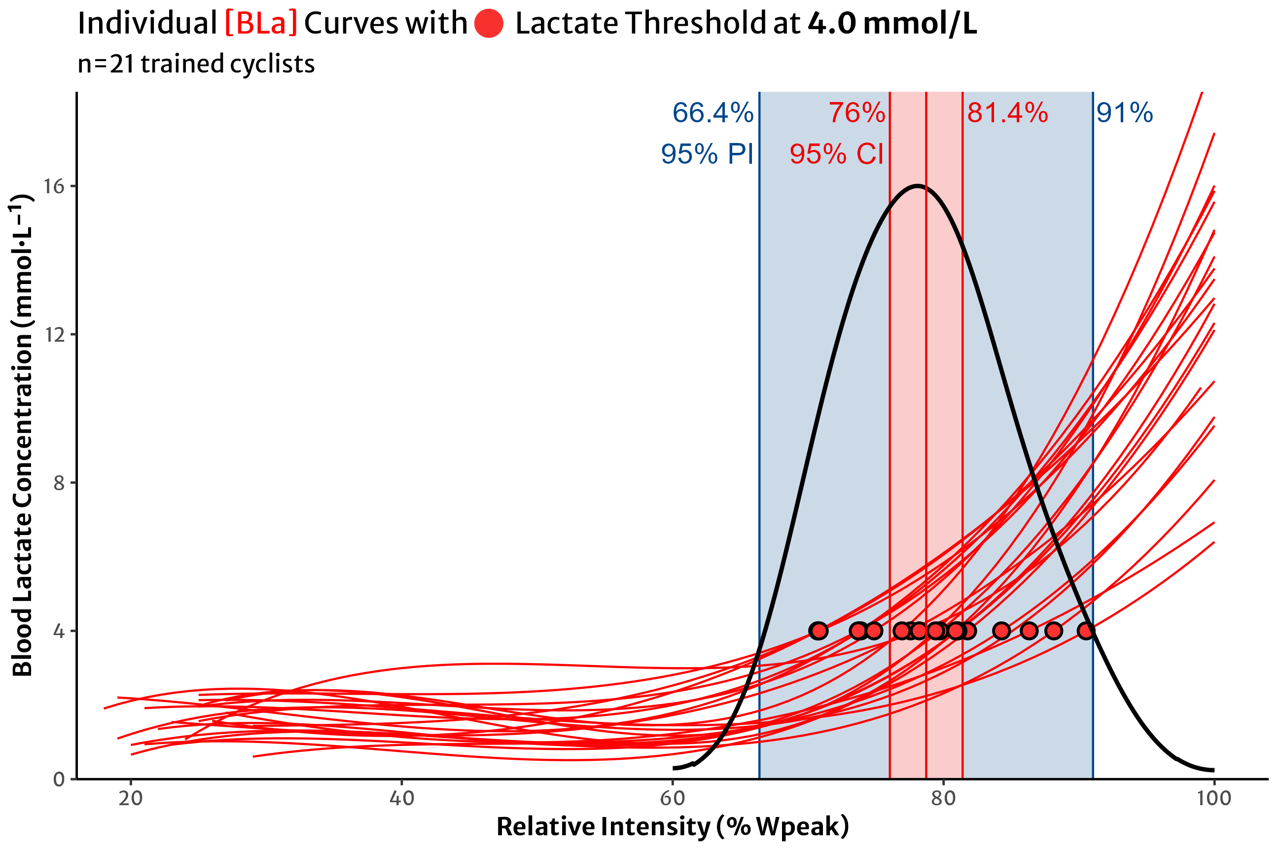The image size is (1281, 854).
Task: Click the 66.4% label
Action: click(x=712, y=113)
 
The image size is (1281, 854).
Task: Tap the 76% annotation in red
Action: click(x=857, y=113)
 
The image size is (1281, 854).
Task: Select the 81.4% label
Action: click(x=1007, y=113)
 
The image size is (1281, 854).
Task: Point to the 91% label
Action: click(x=1124, y=113)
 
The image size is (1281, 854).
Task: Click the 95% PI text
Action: click(x=707, y=154)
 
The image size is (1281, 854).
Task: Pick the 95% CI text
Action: click(x=836, y=154)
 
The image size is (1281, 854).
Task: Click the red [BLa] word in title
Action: click(x=261, y=24)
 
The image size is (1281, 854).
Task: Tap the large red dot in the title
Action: click(x=489, y=24)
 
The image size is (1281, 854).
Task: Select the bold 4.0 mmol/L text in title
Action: click(x=891, y=24)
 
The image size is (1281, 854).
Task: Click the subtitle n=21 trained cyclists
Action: click(x=196, y=64)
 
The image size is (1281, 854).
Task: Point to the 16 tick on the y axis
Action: click(x=53, y=186)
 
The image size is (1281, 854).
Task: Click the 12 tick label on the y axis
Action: click(x=53, y=334)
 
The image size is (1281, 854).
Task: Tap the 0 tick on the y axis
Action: click(x=59, y=780)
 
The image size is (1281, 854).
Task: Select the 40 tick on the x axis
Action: click(x=401, y=799)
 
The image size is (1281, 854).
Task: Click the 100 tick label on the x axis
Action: click(x=1213, y=799)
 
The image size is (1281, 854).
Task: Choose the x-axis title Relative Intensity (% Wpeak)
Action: click(x=672, y=827)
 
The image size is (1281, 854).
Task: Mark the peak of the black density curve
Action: click(x=918, y=186)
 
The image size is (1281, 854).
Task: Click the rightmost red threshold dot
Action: click(x=1086, y=631)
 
